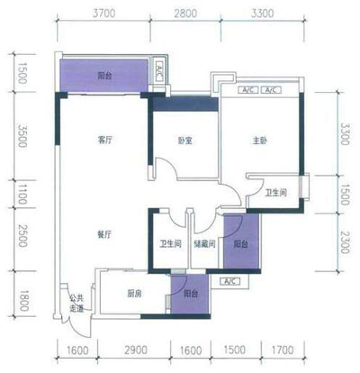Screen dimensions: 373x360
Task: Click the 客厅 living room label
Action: [x=104, y=141]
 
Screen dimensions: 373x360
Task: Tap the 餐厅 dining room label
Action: [x=104, y=234]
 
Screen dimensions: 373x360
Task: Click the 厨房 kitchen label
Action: [x=135, y=294]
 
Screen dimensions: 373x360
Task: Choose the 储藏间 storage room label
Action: [x=206, y=242]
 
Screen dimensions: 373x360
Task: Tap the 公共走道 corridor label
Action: [x=76, y=305]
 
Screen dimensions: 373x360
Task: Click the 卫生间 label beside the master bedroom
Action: [x=275, y=194]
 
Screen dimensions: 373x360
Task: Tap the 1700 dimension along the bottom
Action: [x=283, y=350]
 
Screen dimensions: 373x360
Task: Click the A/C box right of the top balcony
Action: [x=158, y=71]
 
